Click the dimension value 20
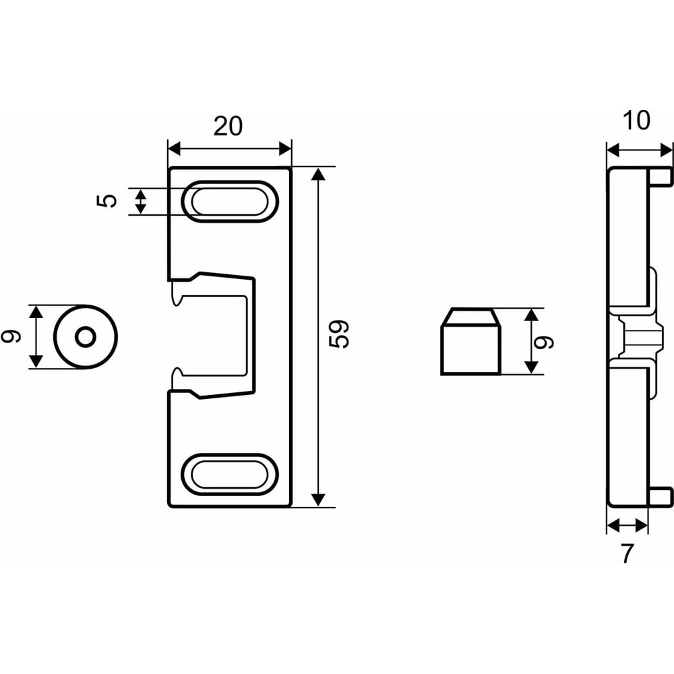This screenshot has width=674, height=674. (228, 127)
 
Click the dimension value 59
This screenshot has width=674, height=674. (339, 334)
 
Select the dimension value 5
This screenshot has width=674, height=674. (107, 201)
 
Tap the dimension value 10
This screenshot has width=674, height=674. (636, 121)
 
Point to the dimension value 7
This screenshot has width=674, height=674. (627, 554)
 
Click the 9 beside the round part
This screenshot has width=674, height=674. (11, 336)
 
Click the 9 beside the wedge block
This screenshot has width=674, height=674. (543, 342)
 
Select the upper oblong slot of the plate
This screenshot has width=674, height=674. (230, 202)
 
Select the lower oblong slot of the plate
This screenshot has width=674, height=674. (230, 474)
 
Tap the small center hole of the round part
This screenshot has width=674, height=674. (86, 337)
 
